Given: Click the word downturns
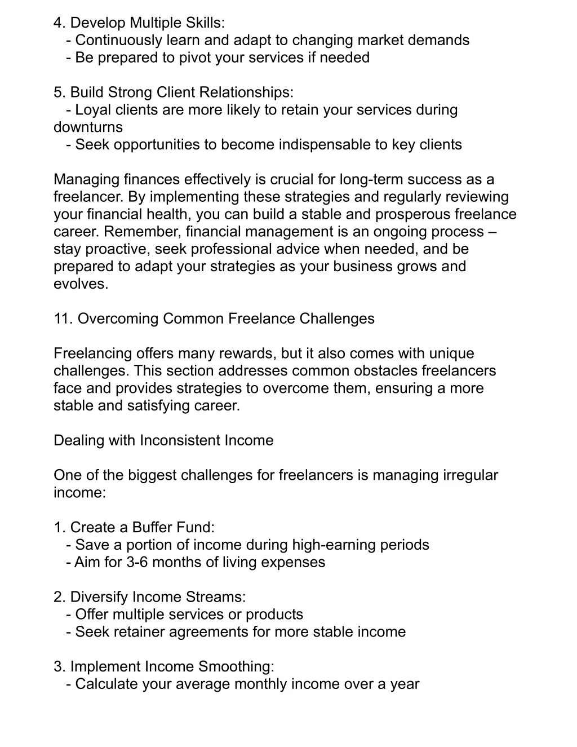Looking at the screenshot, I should pos(88,127).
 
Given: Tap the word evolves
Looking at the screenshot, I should pos(81,284).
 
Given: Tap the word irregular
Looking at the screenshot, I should pos(471,476).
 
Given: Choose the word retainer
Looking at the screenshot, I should pos(139,632).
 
